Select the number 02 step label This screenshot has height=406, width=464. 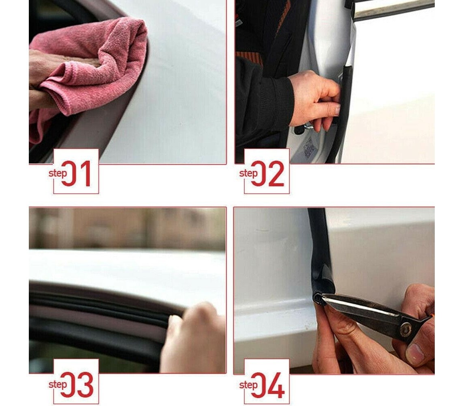(268, 174)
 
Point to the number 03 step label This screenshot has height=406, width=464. (77, 385)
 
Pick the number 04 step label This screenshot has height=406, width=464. (268, 385)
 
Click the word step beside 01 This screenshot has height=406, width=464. (57, 173)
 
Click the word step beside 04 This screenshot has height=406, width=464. (248, 385)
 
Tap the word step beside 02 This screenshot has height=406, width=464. (248, 173)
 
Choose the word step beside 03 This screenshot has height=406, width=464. (57, 384)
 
